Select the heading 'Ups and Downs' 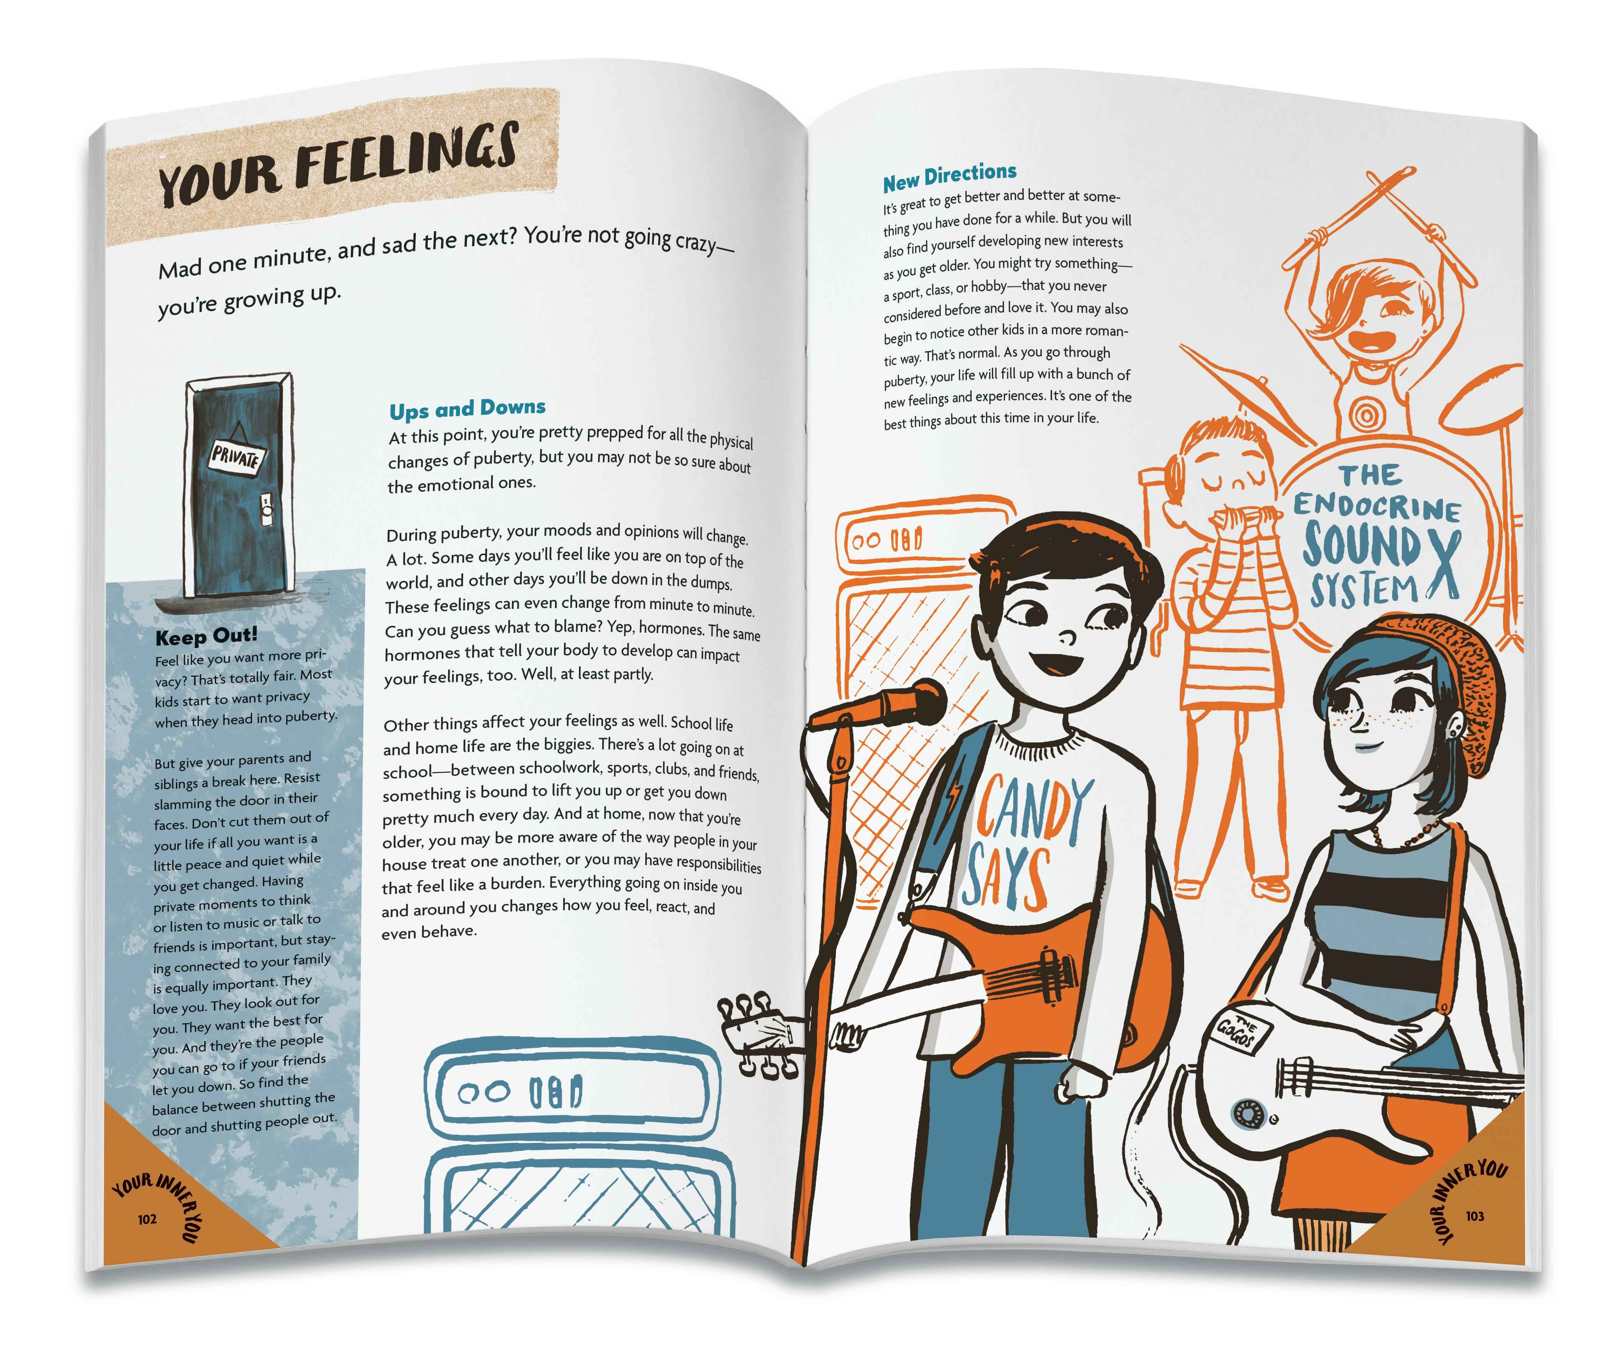[x=467, y=408]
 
